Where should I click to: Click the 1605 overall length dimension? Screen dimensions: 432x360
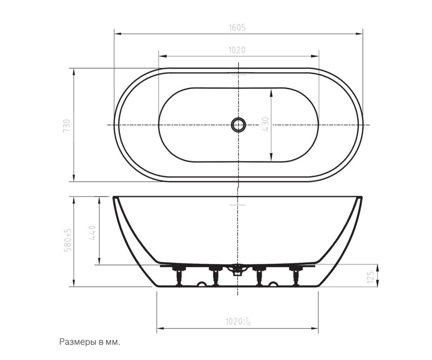[x=237, y=27]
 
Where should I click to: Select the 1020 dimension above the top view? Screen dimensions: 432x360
[x=237, y=50]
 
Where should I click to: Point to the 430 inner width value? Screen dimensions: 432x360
[x=266, y=124]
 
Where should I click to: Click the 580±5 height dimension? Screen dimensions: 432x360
[x=67, y=239]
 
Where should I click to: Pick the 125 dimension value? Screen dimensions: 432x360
[x=371, y=277]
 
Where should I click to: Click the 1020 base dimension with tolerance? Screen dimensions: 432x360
[x=238, y=321]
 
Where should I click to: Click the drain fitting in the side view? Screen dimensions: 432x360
[x=237, y=269]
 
